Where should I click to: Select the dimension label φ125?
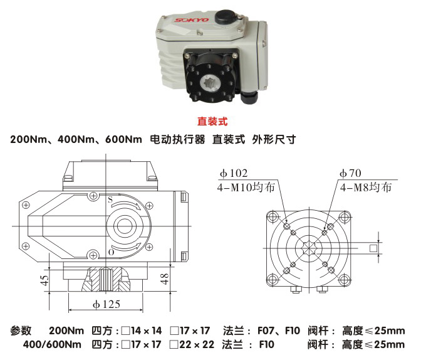105,305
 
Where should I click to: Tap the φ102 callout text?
234,173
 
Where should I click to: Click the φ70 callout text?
351,173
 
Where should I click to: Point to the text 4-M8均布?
365,186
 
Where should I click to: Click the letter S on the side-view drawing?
110,199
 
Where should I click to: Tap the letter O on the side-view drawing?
110,251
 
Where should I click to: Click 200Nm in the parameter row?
66,331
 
